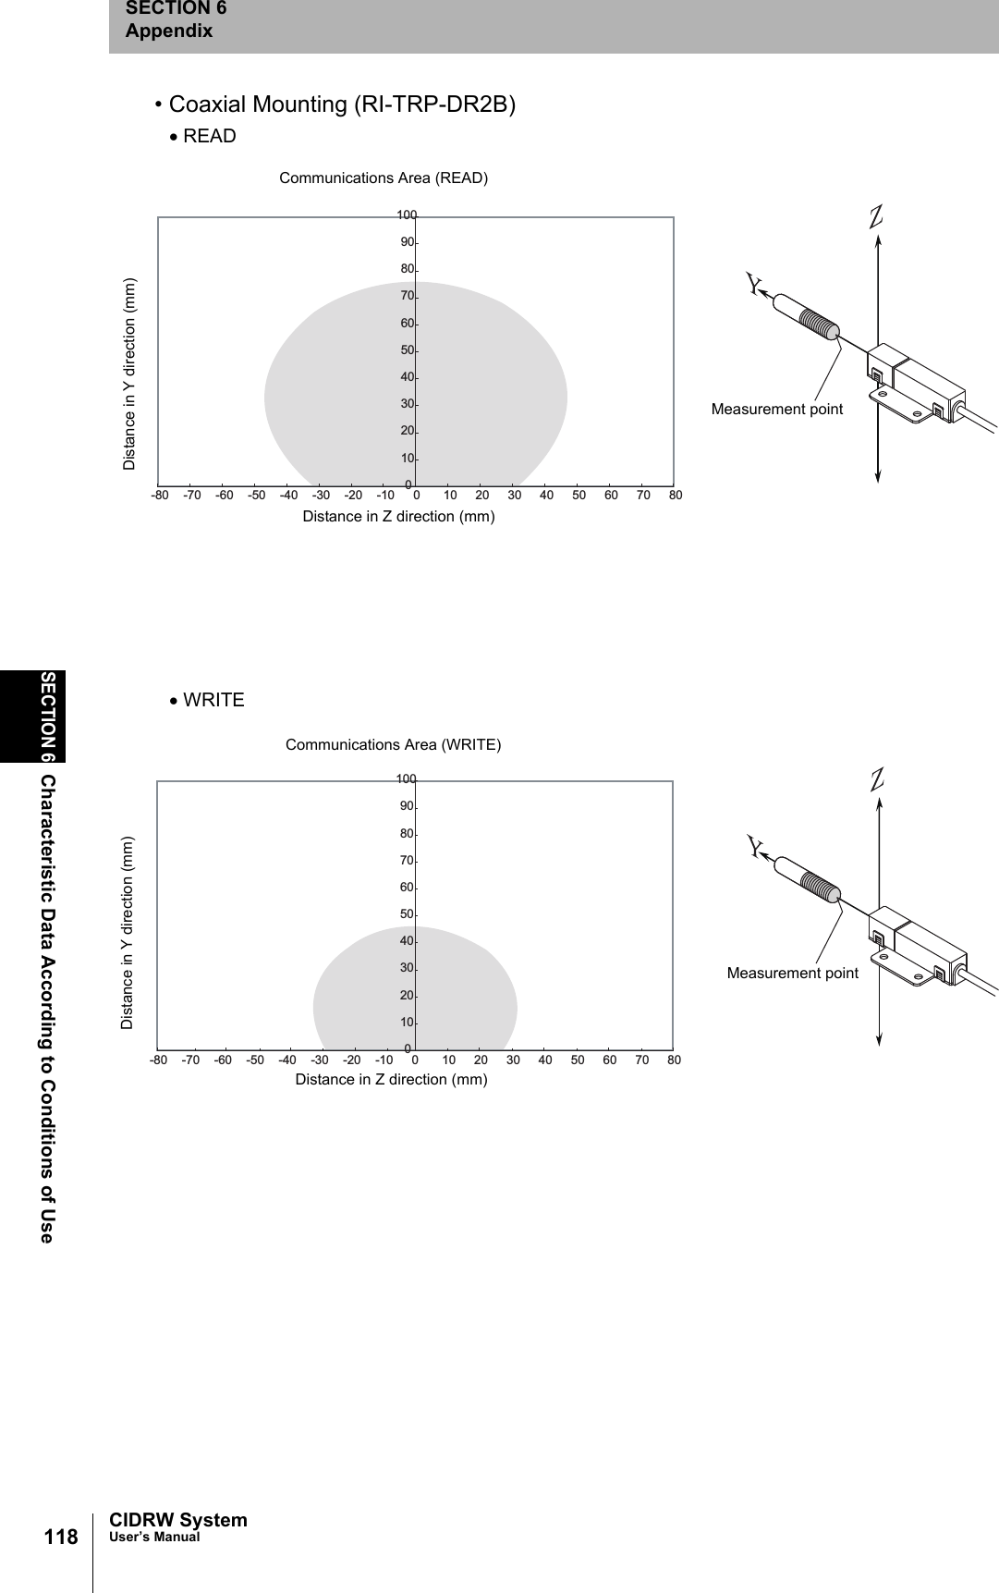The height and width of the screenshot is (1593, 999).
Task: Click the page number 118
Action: click(61, 1537)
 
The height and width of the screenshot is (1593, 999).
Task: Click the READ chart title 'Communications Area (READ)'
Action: click(384, 178)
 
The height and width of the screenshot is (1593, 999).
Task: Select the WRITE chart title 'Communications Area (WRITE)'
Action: click(393, 744)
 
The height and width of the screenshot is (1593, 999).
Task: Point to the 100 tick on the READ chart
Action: click(407, 215)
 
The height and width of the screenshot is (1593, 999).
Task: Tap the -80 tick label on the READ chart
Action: click(160, 495)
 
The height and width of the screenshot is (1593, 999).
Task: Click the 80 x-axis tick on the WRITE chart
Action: click(674, 1060)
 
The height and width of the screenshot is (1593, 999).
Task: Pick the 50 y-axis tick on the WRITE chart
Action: click(407, 914)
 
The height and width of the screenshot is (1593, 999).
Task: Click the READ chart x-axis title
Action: click(398, 516)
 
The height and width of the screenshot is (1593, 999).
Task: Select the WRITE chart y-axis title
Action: click(128, 933)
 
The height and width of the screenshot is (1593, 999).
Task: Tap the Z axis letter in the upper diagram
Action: click(876, 215)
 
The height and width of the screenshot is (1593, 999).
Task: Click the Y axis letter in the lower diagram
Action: click(756, 847)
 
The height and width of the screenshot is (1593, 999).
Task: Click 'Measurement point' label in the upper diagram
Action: click(776, 409)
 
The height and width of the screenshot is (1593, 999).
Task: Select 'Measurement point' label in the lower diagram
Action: click(792, 973)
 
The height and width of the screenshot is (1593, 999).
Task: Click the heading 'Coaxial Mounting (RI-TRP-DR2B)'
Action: click(342, 104)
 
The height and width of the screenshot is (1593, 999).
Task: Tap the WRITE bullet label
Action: click(213, 700)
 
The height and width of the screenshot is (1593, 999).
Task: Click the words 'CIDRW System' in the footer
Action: click(178, 1520)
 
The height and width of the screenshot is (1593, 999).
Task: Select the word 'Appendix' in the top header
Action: click(169, 31)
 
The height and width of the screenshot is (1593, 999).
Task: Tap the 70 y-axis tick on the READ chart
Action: click(407, 296)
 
